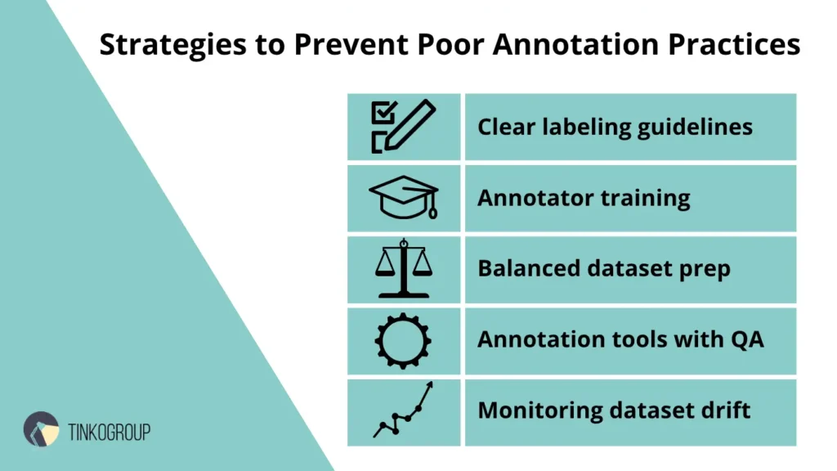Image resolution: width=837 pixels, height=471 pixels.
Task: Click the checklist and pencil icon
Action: (404, 127)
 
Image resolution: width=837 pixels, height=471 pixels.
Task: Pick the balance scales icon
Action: (404, 268)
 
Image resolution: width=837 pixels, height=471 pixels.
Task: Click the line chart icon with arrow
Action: (404, 410)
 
